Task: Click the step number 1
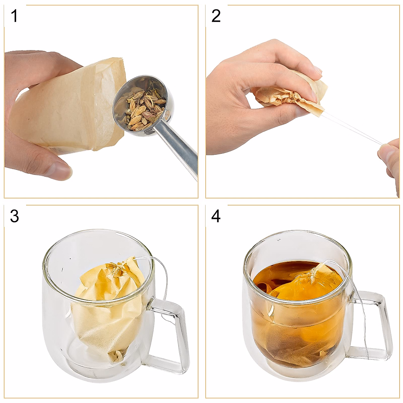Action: [x=14, y=16]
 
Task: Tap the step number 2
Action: [x=216, y=16]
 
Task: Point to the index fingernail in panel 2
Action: [x=317, y=71]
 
